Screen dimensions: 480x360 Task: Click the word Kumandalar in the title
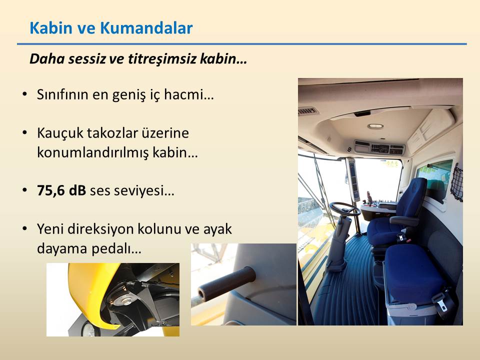(x=146, y=28)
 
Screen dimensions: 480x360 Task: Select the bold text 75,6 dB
(x=61, y=190)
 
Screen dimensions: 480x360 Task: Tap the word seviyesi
(x=143, y=191)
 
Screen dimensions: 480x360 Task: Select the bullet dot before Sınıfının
(x=25, y=94)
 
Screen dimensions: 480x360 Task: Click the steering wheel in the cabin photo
(x=345, y=209)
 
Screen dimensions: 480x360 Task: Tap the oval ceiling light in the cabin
(x=375, y=126)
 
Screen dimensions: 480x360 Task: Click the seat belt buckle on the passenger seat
(x=441, y=301)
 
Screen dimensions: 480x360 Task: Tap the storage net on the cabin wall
(x=456, y=182)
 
